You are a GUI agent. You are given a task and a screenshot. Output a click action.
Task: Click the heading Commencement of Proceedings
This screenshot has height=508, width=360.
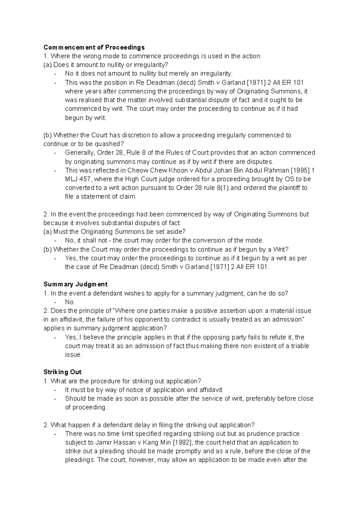pyautogui.click(x=94, y=47)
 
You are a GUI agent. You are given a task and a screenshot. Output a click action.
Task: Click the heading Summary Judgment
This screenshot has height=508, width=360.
pyautogui.click(x=75, y=284)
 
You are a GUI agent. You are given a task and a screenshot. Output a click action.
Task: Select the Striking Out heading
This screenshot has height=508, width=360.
pyautogui.click(x=62, y=372)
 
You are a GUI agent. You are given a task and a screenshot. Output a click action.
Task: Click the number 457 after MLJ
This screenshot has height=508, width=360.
pyautogui.click(x=85, y=179)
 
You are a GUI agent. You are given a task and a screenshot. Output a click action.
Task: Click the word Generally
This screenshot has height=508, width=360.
pyautogui.click(x=79, y=153)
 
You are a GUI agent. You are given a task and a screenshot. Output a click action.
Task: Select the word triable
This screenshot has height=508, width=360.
pyautogui.click(x=298, y=346)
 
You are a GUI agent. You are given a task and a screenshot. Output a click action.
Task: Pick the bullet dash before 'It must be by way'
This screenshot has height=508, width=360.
pyautogui.click(x=55, y=390)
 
